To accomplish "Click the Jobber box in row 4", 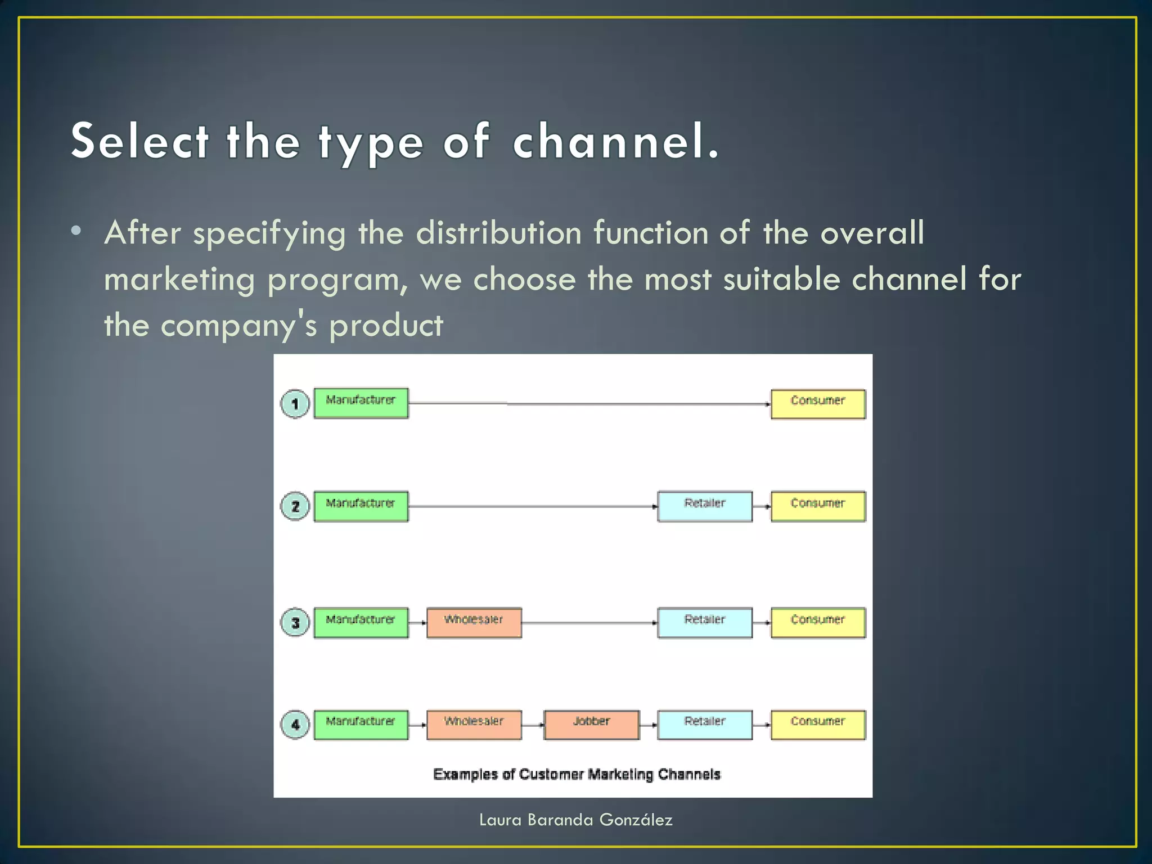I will [x=591, y=724].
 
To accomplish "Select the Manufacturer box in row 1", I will [x=361, y=403].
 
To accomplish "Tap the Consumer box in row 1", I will [x=818, y=403].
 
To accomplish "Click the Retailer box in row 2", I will [x=705, y=506].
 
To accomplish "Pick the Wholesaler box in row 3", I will [x=474, y=622].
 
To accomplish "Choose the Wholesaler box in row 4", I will [x=474, y=724].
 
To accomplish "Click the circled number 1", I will [x=295, y=403].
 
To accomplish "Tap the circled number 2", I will [x=295, y=506].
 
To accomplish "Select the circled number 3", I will [x=295, y=623].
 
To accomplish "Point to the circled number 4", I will [x=295, y=724].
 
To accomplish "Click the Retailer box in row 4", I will [x=705, y=724].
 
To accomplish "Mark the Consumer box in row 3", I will [x=818, y=622].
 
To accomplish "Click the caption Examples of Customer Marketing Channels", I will [x=577, y=775].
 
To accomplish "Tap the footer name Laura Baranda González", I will [x=575, y=820].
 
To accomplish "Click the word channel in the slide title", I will [x=615, y=141].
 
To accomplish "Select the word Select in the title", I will [x=140, y=141].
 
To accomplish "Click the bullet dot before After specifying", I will [x=76, y=231].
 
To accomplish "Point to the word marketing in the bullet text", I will [x=179, y=280].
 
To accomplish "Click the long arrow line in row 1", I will [x=588, y=403].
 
